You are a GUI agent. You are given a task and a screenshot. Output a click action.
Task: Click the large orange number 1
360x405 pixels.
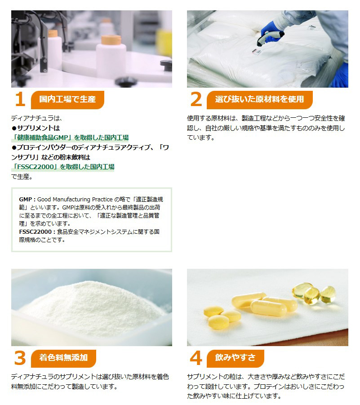[20, 99]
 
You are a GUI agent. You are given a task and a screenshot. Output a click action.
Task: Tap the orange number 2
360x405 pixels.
[196, 99]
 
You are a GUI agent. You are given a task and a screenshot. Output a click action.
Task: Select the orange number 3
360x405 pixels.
[20, 358]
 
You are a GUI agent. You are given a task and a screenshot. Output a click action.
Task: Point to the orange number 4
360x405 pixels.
[196, 358]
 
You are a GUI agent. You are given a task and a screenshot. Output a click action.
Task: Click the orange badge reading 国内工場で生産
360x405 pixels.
[67, 100]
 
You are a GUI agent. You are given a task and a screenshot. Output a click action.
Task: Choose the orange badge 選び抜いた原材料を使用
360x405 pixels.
[259, 100]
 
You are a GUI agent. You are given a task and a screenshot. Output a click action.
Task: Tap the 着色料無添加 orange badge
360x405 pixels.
[63, 358]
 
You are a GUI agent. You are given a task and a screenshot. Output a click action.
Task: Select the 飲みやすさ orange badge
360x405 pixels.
[235, 358]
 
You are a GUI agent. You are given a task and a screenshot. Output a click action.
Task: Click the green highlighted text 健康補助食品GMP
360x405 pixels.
[70, 138]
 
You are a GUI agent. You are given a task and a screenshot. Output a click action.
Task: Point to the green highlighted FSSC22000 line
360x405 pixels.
[63, 167]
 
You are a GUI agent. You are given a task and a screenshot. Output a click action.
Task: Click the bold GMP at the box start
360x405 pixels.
[25, 200]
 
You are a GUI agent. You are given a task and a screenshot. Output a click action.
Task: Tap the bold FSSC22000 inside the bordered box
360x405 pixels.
[36, 231]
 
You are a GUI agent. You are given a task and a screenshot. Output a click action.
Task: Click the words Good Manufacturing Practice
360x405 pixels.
[75, 200]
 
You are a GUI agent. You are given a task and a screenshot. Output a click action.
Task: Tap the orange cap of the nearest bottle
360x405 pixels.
[111, 40]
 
